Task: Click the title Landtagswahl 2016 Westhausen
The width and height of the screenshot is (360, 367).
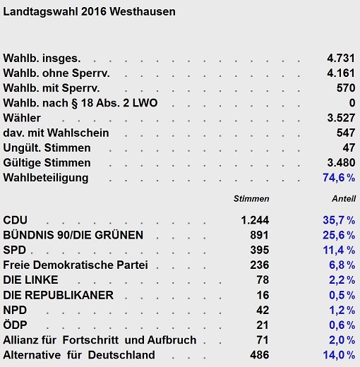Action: click(x=89, y=12)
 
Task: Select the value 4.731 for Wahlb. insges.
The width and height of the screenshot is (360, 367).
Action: click(x=341, y=58)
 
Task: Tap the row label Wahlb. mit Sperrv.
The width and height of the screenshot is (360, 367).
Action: click(x=52, y=88)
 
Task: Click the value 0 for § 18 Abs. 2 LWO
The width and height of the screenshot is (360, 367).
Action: click(x=352, y=103)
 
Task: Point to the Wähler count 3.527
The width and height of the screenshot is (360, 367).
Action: click(x=341, y=118)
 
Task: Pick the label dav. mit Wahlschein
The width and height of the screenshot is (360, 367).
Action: click(x=56, y=133)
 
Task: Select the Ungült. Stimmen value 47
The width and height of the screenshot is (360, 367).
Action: click(x=349, y=148)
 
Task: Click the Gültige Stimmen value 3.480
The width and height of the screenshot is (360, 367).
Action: click(x=341, y=162)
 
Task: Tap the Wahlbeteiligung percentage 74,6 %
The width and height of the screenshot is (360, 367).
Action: click(x=339, y=178)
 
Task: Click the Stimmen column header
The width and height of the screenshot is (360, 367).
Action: click(x=251, y=199)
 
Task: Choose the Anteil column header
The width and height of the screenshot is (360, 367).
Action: click(x=344, y=199)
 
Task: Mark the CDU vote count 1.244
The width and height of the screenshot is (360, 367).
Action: click(x=255, y=220)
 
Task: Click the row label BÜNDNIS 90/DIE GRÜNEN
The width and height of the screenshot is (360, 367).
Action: click(x=73, y=235)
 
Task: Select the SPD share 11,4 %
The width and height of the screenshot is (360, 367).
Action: click(x=339, y=250)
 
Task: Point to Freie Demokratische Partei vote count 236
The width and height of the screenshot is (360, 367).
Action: click(x=260, y=265)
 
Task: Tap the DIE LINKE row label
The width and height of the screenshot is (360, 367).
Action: click(x=30, y=280)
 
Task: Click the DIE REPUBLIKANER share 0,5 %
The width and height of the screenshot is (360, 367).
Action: click(x=342, y=295)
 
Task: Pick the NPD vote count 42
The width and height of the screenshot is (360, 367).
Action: click(x=263, y=310)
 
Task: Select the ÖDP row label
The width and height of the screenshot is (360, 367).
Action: click(x=15, y=325)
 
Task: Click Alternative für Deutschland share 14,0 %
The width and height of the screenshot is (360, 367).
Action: click(x=339, y=355)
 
